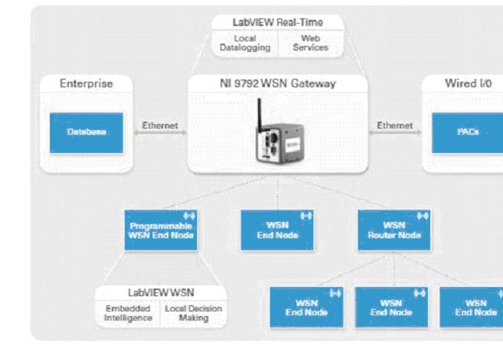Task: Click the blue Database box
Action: point(87,132)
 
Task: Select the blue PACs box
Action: point(467,132)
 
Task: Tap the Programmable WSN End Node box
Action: point(161,230)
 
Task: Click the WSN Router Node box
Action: point(394,230)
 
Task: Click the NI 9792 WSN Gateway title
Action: point(278,83)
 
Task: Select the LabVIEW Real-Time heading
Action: point(278,22)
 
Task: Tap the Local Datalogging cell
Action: point(245,43)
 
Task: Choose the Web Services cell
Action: point(311,43)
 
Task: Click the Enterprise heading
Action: point(87,83)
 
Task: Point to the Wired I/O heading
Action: point(468,83)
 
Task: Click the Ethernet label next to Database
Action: point(160,126)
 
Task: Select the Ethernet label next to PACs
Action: point(395,126)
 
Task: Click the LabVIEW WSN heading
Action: point(161,292)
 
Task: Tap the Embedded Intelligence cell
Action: point(128,313)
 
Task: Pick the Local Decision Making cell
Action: point(194,313)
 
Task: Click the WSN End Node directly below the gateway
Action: point(277,230)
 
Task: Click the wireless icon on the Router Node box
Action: point(423,216)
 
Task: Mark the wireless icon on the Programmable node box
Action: point(189,216)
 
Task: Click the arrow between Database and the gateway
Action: point(160,132)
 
